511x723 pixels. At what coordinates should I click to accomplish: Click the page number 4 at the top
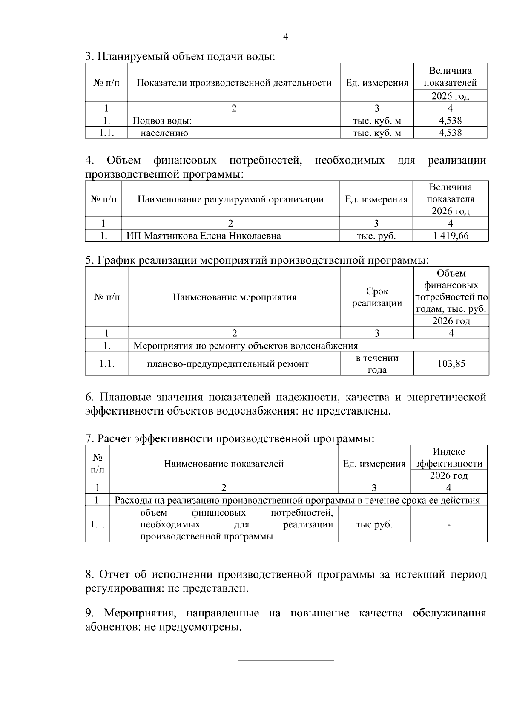(x=285, y=37)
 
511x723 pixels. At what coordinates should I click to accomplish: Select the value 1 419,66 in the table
(x=451, y=236)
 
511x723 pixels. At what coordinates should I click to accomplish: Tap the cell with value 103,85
(x=451, y=364)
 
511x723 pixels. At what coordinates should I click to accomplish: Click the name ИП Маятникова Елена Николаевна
(x=204, y=236)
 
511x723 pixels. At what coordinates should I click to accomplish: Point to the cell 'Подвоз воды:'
(x=162, y=121)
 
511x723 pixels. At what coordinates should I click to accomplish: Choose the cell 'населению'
(x=164, y=133)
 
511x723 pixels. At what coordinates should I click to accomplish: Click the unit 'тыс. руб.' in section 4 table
(x=376, y=236)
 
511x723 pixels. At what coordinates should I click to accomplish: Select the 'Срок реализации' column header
(x=377, y=297)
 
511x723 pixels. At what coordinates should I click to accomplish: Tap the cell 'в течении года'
(x=377, y=364)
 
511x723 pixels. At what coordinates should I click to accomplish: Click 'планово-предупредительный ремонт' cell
(x=227, y=364)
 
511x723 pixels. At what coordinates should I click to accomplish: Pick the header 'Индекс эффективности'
(x=449, y=458)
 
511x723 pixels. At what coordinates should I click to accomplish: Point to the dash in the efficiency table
(x=449, y=525)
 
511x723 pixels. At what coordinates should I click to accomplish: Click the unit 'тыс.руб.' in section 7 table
(x=374, y=525)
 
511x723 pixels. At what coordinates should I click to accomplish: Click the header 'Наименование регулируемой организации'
(x=230, y=199)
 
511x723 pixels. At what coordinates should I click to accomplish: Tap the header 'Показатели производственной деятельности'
(x=234, y=83)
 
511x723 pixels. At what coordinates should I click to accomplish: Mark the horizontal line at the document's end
(x=285, y=660)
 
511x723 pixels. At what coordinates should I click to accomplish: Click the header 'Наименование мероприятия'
(x=234, y=297)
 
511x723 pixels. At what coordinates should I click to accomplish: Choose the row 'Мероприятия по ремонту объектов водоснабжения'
(x=246, y=346)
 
